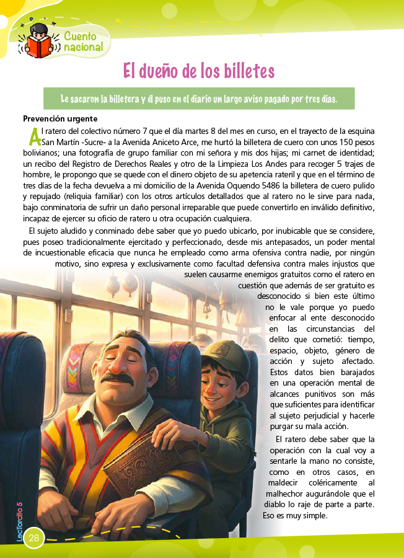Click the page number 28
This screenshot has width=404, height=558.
[33, 537]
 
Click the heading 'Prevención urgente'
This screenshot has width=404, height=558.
[60, 119]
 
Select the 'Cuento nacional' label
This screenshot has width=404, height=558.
[86, 42]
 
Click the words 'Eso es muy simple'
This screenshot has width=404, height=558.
[295, 515]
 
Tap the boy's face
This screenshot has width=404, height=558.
[220, 382]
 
